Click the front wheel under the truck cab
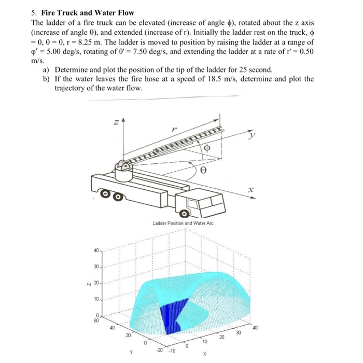tap(184, 214)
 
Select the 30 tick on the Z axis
tap(95, 267)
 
